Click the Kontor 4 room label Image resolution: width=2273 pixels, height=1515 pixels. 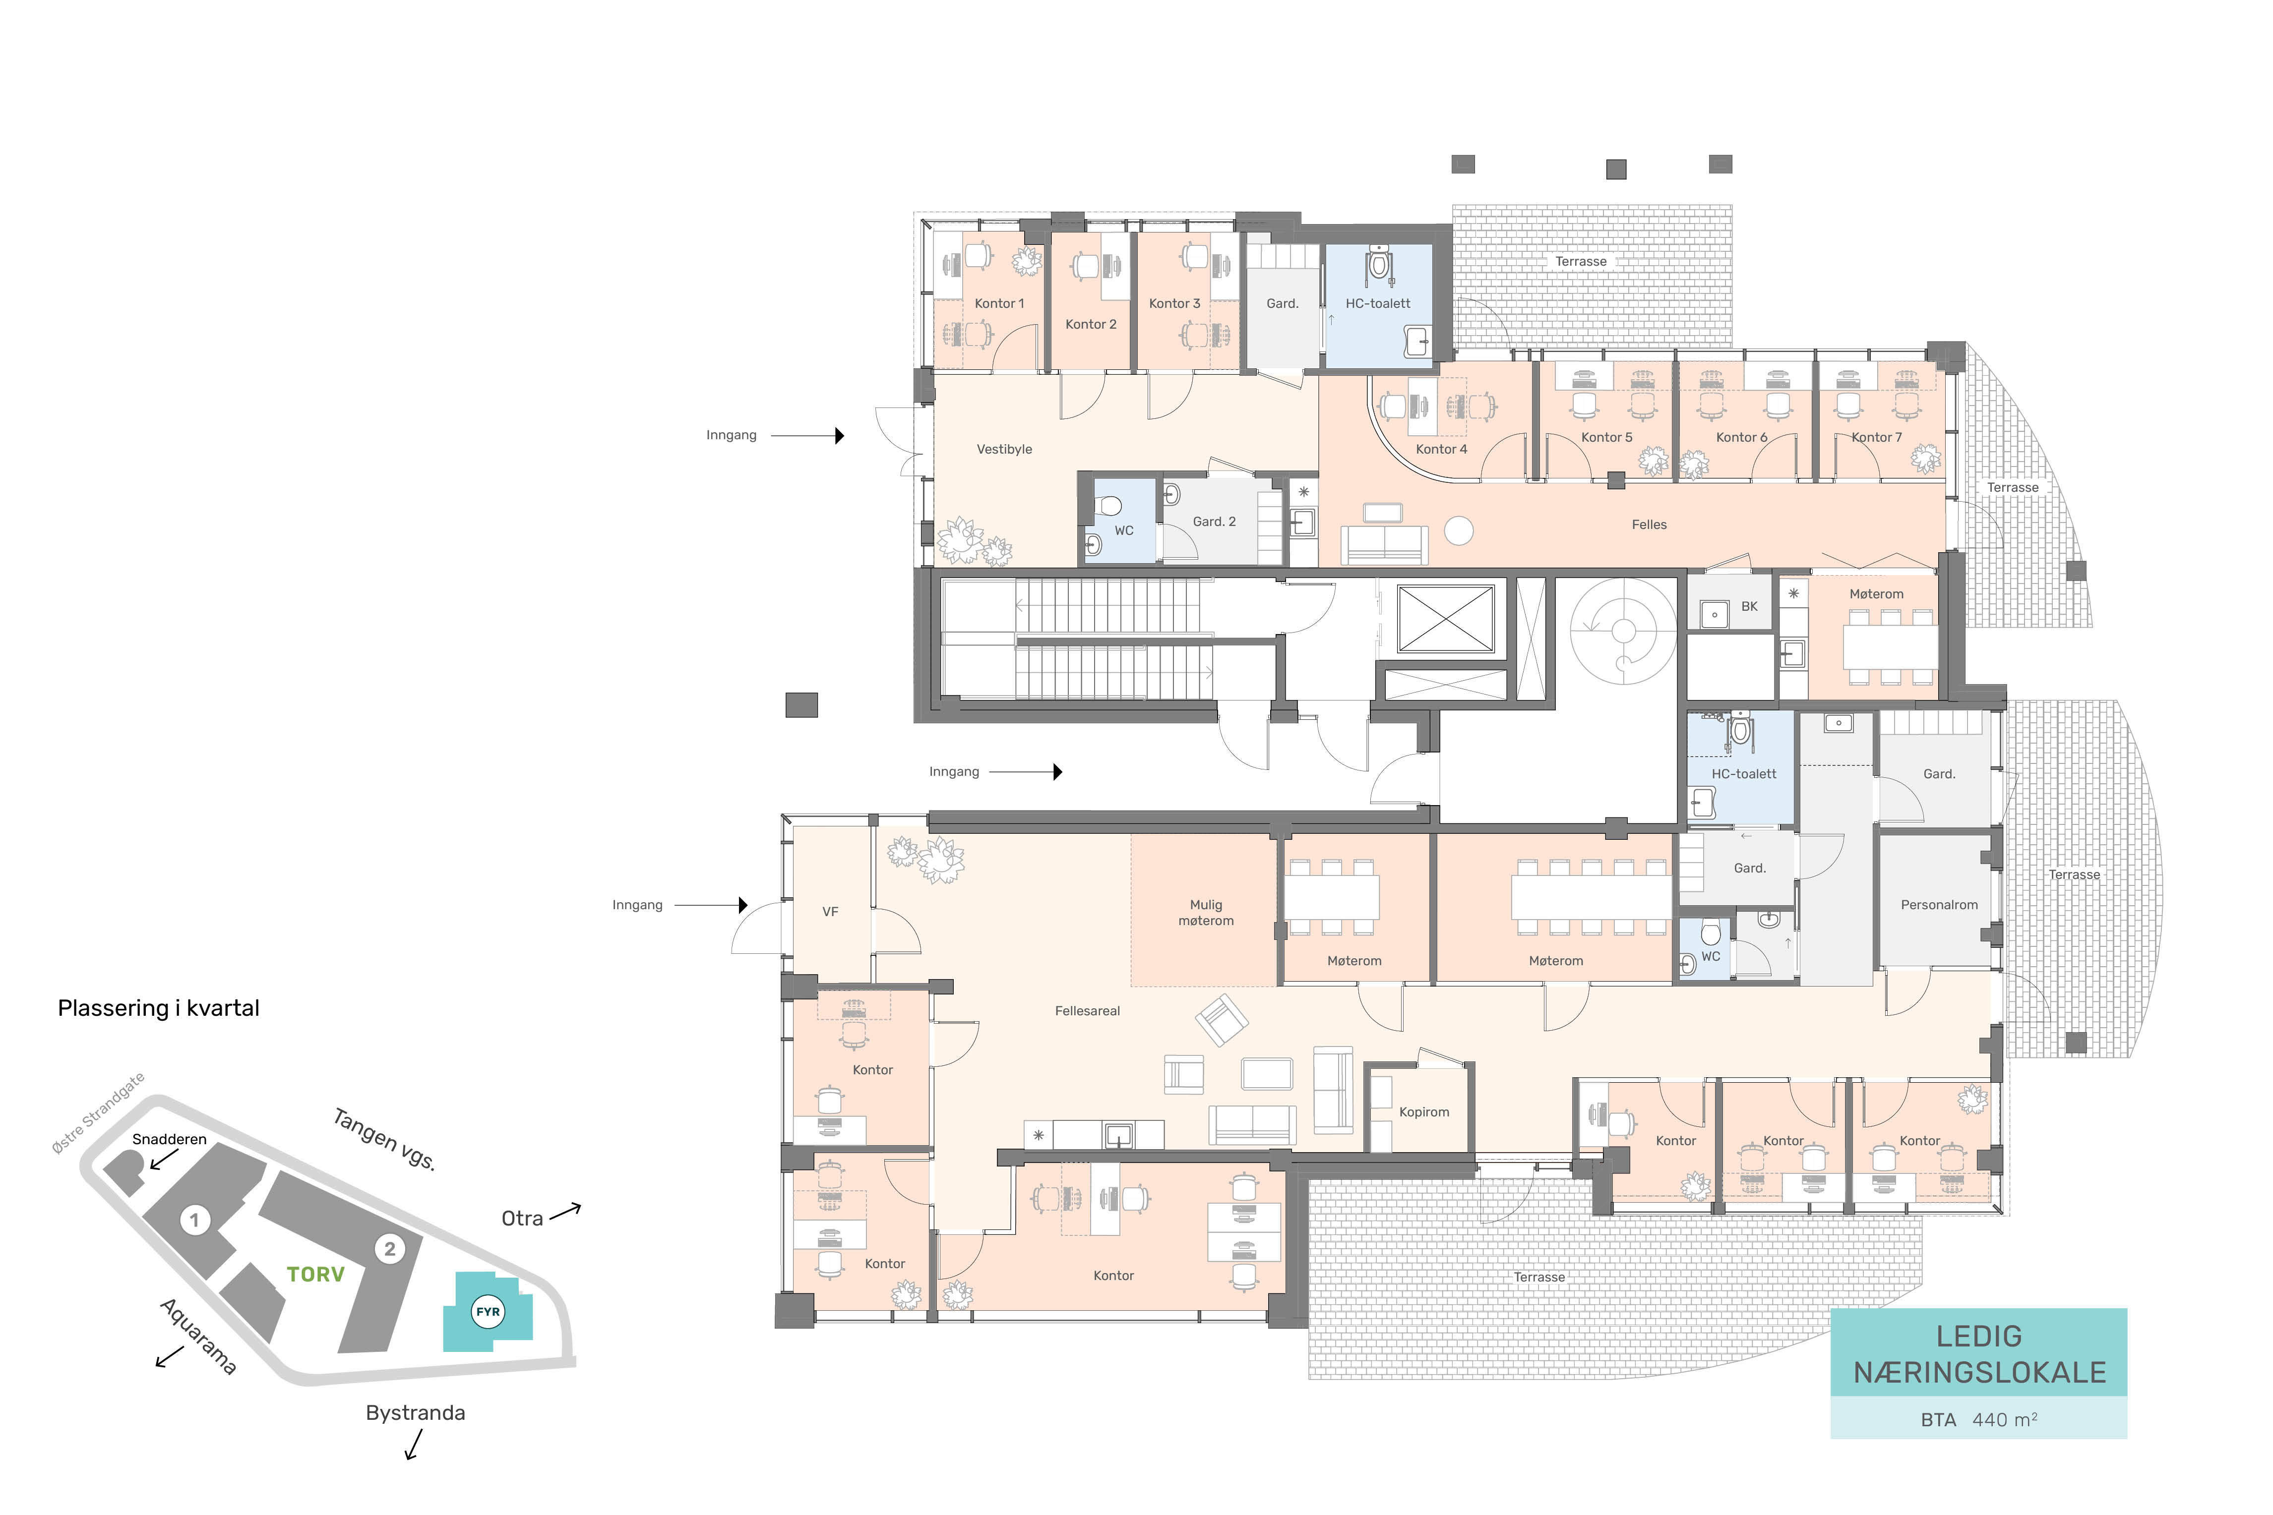tap(1441, 449)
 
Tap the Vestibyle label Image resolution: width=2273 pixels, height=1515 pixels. tap(1004, 449)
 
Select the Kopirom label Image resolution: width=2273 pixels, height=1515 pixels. tap(1423, 1112)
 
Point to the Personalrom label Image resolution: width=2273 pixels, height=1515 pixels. tap(1939, 905)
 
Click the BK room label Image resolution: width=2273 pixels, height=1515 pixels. tap(1749, 607)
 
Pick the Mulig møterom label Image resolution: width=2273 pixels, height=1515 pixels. tap(1205, 913)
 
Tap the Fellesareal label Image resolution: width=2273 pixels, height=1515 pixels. tap(1087, 1011)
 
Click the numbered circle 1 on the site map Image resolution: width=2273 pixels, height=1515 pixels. tap(194, 1220)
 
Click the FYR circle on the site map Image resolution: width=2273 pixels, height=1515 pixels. tap(488, 1312)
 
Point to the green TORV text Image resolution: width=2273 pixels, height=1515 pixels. tap(316, 1275)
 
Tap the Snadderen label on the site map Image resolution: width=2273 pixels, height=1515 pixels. tap(169, 1139)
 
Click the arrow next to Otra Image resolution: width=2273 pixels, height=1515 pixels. tap(565, 1212)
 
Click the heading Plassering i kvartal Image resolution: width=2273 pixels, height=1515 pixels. tap(159, 1009)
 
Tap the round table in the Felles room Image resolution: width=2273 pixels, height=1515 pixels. tap(1458, 530)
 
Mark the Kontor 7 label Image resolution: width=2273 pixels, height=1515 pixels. tap(1877, 438)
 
